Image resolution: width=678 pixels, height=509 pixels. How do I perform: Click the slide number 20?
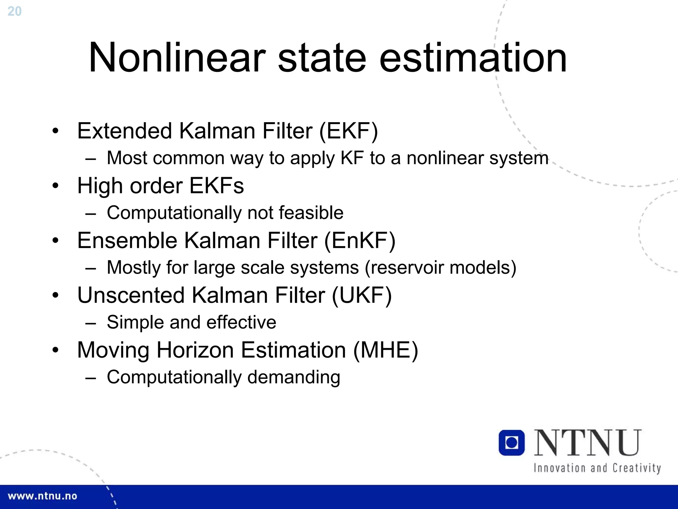point(14,11)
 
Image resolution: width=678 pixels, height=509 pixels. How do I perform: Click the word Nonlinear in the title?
point(177,58)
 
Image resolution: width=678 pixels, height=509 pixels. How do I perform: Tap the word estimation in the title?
point(473,58)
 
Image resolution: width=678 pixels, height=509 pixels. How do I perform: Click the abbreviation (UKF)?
point(362,295)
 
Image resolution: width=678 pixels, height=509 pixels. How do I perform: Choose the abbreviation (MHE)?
point(385,350)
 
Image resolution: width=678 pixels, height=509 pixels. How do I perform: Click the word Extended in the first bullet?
point(124,131)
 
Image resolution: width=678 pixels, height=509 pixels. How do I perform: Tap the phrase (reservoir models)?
point(440,268)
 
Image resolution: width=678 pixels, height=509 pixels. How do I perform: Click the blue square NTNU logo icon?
point(511,443)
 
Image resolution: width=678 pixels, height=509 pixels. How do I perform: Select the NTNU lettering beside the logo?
point(588,443)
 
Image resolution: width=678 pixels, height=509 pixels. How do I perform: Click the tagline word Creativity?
point(636,468)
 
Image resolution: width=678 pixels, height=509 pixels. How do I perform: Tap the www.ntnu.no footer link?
point(42,496)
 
